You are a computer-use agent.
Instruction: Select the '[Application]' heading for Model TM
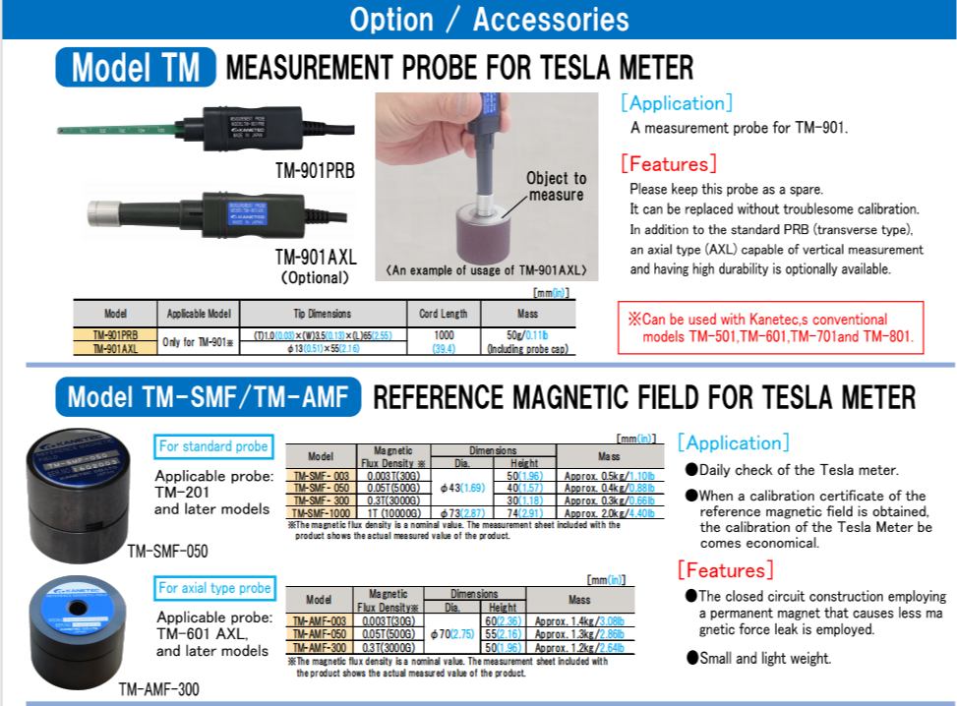[x=676, y=103]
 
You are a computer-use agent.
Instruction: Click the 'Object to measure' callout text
[x=556, y=186]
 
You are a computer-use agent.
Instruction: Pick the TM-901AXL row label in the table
[x=115, y=348]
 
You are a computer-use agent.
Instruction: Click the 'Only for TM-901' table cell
[x=199, y=341]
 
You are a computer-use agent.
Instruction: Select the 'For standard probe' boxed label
[x=213, y=446]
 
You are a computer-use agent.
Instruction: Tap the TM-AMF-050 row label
[x=318, y=634]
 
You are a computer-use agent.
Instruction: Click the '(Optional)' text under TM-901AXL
[x=315, y=277]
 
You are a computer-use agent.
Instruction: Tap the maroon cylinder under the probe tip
[x=482, y=235]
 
